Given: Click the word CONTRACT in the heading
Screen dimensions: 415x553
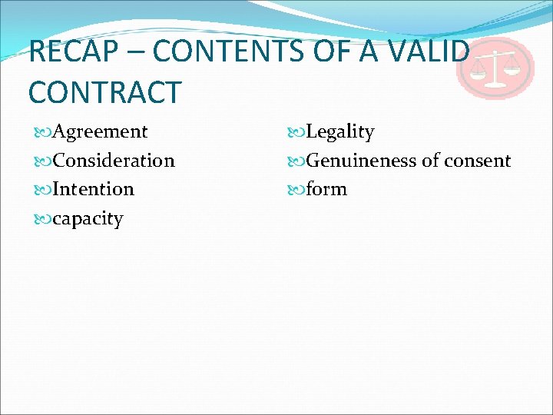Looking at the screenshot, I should (104, 91).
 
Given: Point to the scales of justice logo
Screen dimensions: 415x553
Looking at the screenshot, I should (495, 69).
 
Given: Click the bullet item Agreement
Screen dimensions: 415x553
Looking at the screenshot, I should (101, 131).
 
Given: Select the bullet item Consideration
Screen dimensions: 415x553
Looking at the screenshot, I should (114, 161).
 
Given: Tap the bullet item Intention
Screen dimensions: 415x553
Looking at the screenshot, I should (94, 189).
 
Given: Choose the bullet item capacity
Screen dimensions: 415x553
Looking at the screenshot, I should (88, 218).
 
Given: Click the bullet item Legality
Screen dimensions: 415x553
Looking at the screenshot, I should (339, 132).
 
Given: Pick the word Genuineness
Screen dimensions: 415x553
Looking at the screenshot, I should (361, 161).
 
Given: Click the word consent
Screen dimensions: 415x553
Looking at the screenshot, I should (477, 161).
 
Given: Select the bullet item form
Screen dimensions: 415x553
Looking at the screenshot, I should (326, 189).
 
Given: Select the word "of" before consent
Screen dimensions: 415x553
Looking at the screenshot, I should (430, 161).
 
